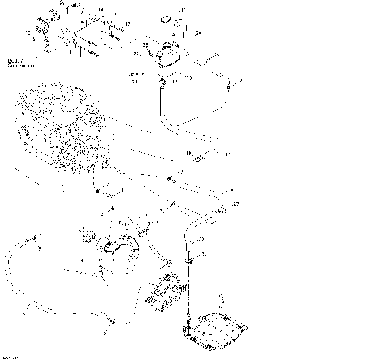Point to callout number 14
(x=100, y=9)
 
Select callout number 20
(x=198, y=34)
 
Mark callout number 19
(x=189, y=154)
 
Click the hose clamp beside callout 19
(x=198, y=159)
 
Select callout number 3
(x=106, y=284)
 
